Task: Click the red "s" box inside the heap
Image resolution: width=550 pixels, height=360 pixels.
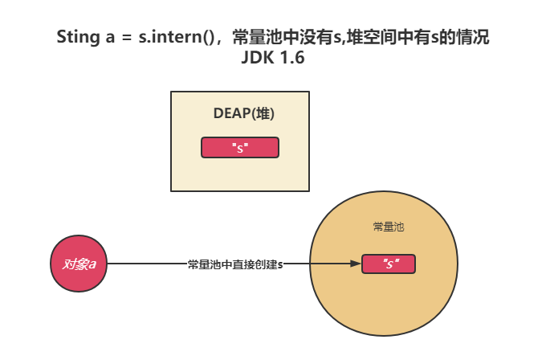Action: point(239,148)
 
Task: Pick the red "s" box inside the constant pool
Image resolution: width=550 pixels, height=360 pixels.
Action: point(389,264)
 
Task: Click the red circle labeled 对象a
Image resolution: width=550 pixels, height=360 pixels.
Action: point(79,264)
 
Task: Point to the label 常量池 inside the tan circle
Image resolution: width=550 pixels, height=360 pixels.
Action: point(389,227)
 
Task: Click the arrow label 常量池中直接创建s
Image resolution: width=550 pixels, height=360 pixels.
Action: point(235,264)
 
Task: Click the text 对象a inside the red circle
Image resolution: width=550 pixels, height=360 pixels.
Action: point(79,264)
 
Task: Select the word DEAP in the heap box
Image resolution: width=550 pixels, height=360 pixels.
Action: point(230,114)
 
